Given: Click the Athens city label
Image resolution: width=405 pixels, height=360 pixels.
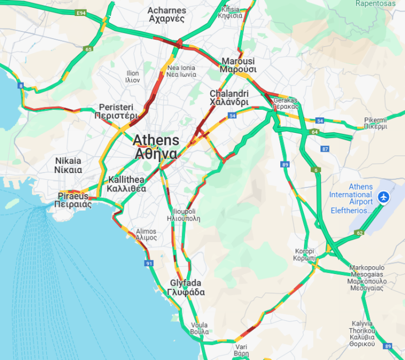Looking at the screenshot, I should (156, 146).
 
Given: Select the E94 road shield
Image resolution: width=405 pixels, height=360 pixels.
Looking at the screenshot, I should (82, 13).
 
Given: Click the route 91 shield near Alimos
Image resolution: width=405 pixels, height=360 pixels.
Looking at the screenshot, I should (149, 264).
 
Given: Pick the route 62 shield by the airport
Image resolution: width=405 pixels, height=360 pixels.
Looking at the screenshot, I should (359, 233).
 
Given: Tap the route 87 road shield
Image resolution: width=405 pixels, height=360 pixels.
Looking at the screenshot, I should (325, 149).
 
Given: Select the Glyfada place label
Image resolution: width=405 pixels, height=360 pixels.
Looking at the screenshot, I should (187, 287).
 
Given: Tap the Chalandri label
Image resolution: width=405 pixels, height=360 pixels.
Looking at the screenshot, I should (229, 98).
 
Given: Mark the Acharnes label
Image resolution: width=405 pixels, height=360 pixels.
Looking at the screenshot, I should (166, 14).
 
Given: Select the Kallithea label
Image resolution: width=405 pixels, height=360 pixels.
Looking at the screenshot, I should (127, 184).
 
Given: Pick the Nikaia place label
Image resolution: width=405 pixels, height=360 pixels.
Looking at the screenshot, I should (68, 165).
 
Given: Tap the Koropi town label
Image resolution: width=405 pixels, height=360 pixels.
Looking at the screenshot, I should (305, 255).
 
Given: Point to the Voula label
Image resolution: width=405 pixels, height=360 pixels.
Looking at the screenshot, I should (199, 328).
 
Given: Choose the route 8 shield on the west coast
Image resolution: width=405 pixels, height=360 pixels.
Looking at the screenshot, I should (21, 85).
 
